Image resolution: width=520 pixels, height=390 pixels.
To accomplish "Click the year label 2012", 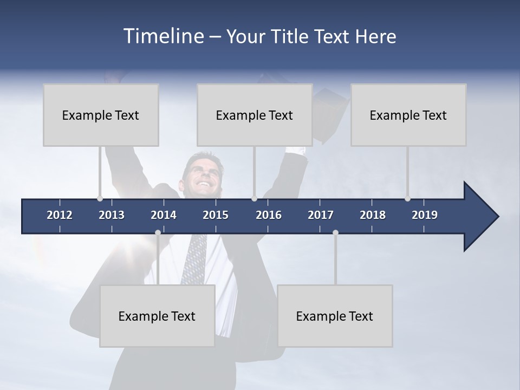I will click(60, 215).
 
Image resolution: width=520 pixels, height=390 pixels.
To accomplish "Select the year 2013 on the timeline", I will click(112, 215).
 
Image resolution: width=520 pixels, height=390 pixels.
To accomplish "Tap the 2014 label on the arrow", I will click(164, 215).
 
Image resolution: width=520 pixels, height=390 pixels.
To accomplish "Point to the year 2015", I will click(216, 215).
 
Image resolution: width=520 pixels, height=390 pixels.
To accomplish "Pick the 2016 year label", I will click(269, 215).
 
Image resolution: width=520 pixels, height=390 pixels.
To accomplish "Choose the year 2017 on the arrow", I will click(321, 215).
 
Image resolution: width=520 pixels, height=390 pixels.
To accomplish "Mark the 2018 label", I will click(373, 215).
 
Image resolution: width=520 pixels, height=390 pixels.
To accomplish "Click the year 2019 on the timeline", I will click(425, 215).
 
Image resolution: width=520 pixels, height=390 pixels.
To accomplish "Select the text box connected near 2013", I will click(101, 115).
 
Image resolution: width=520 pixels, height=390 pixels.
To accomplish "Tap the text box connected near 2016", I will click(255, 115).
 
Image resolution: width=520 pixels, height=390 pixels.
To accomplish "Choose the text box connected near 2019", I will click(408, 115).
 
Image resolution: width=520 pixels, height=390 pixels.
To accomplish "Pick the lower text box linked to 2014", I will click(157, 316).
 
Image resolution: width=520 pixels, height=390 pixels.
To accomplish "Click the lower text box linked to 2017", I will click(335, 316).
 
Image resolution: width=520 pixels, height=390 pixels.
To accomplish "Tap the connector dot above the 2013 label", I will click(100, 198).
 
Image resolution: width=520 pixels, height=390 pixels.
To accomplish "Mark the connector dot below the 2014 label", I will click(158, 232).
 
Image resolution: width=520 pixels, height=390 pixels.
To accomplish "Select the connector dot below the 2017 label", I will click(335, 232).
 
